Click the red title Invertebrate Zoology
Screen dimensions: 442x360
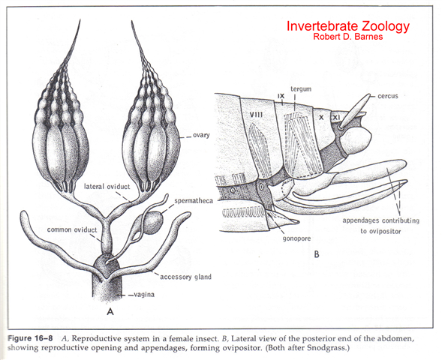(x=348, y=26)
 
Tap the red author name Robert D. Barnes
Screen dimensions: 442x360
(x=348, y=37)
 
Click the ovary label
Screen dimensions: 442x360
(x=201, y=135)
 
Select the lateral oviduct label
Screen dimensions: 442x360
(x=107, y=187)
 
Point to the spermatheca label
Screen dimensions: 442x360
(x=194, y=201)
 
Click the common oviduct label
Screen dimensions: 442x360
(x=72, y=229)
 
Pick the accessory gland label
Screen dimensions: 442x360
(x=186, y=277)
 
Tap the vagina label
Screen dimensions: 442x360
(x=144, y=295)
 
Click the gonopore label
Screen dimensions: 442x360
(x=296, y=238)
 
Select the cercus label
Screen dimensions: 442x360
(x=388, y=96)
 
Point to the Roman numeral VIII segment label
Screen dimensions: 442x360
(x=256, y=115)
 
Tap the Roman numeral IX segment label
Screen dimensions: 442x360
(x=281, y=96)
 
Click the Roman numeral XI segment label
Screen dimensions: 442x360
(x=335, y=118)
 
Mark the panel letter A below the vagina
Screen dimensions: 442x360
(x=110, y=311)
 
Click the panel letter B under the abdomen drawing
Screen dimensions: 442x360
(x=317, y=254)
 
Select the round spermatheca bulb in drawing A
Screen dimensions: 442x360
(x=153, y=222)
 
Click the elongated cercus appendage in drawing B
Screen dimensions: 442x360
(x=355, y=111)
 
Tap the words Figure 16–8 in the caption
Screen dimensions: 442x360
(x=30, y=338)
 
